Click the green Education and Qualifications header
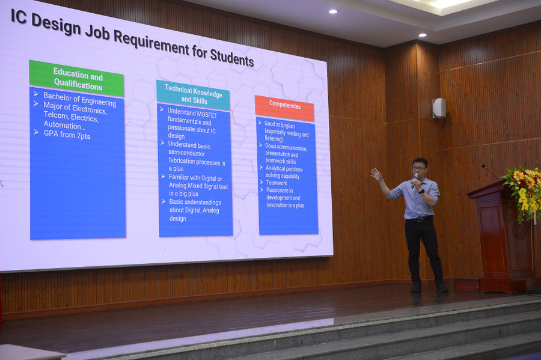coord(76,79)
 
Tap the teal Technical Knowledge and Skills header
coord(193,96)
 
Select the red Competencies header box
coord(285,108)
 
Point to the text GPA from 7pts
coord(67,135)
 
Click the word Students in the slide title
coord(232,57)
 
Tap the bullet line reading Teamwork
coord(277,183)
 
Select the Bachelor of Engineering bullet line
coord(80,99)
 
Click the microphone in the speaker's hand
coord(415,180)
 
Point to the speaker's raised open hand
coord(376,174)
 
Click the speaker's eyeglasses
coord(420,168)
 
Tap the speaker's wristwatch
coord(421,191)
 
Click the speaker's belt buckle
coord(419,219)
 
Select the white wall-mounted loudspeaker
coord(439,108)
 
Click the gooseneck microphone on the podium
coord(491,172)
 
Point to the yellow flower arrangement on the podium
coord(524,191)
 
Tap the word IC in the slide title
coord(19,17)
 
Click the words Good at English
coord(280,124)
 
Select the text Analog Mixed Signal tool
coord(198,186)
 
